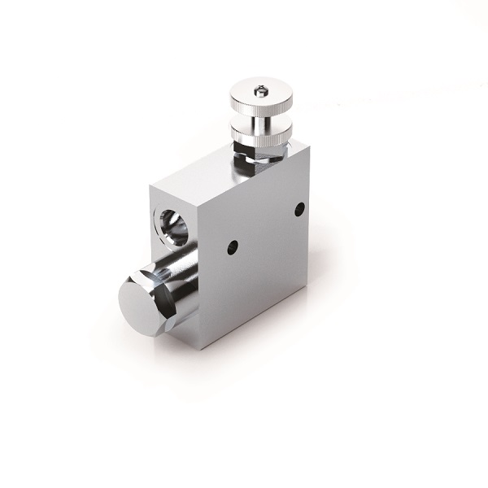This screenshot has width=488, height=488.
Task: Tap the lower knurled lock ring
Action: point(260,134)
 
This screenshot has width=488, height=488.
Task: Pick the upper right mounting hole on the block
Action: point(299,209)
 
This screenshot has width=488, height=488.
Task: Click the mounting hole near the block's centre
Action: point(233,246)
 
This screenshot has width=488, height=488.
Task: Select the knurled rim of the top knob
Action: point(261,104)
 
